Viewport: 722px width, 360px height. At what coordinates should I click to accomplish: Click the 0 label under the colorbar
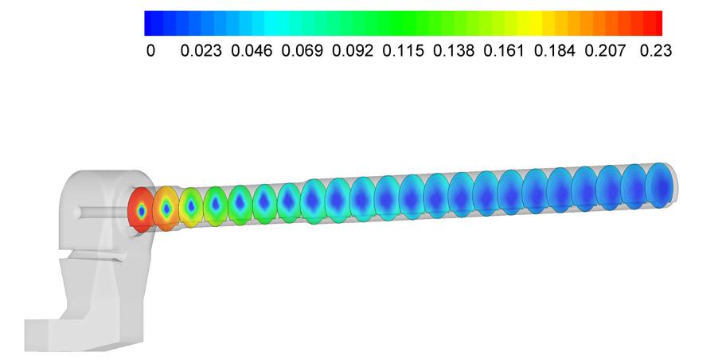click(150, 51)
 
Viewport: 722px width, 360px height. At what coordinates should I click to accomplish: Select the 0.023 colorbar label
click(201, 51)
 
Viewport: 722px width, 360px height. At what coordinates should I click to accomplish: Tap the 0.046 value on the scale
click(252, 51)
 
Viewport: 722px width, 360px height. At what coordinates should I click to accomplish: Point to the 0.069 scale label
click(302, 51)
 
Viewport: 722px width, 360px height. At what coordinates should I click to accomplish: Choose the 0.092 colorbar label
click(353, 51)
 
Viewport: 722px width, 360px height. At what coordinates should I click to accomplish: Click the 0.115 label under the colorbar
click(403, 51)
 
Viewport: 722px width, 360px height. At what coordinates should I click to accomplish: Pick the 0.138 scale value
click(454, 51)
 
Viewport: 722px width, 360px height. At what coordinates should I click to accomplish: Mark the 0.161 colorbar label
click(504, 51)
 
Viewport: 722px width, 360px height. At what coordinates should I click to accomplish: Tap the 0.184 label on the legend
click(554, 51)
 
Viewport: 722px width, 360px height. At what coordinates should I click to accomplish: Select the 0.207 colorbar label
click(605, 51)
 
